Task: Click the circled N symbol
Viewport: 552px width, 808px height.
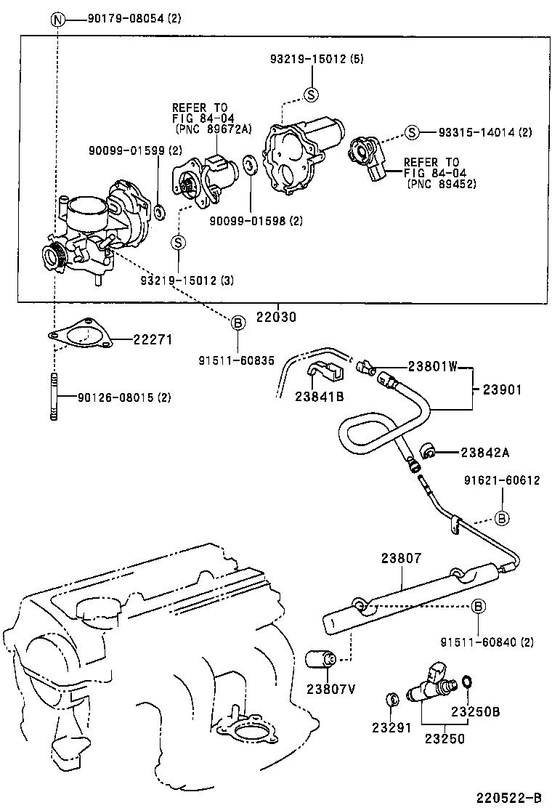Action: tap(57, 19)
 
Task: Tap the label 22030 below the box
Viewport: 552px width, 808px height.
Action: tap(276, 318)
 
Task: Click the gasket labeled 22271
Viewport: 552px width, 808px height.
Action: tap(80, 336)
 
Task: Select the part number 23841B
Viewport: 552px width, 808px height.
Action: tap(319, 396)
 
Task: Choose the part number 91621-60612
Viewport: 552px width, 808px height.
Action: tap(502, 480)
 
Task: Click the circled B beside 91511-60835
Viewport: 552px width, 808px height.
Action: tap(238, 325)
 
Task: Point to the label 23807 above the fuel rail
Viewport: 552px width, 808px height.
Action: tap(400, 558)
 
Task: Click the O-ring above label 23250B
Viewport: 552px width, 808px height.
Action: tap(468, 681)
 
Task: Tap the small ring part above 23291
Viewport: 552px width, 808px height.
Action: tap(391, 700)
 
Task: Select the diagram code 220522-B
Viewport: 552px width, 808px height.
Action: tap(508, 797)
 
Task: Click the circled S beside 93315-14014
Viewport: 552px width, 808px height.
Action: tap(411, 132)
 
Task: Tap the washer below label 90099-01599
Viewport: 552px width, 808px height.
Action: tap(159, 213)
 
